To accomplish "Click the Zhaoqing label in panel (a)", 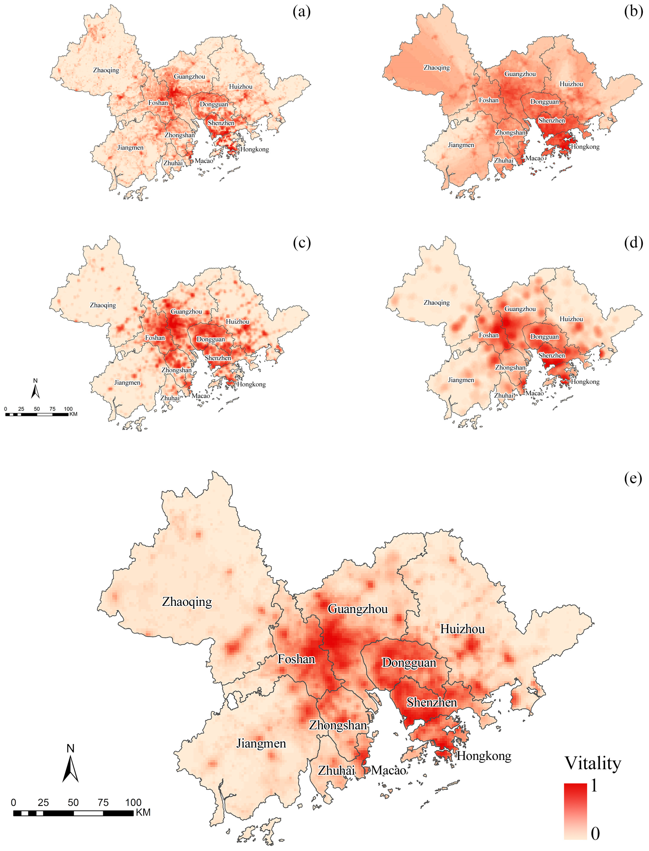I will point(106,70).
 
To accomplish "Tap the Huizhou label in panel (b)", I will point(571,84).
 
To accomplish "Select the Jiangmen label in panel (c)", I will point(127,383).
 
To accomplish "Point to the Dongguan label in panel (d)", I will point(544,336).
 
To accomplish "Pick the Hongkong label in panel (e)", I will point(484,756).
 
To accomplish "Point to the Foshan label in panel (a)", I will point(158,103).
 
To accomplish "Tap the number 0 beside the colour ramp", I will point(595,834).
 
